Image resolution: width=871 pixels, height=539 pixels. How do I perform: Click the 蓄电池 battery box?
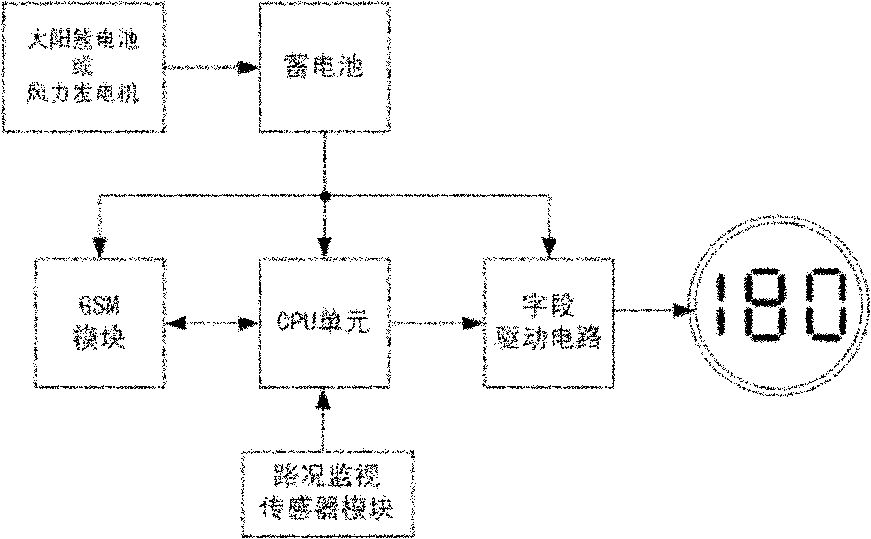tap(324, 67)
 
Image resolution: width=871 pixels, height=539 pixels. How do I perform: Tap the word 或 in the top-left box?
tap(83, 67)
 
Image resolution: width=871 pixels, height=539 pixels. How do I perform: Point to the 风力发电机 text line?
tap(83, 93)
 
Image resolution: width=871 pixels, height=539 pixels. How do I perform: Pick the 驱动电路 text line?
tap(549, 338)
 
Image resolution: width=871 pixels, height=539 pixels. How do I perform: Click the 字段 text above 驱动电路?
tap(548, 308)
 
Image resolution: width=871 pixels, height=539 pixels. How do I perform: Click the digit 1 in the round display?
tap(721, 305)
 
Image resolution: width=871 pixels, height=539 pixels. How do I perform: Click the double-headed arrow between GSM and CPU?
tap(212, 323)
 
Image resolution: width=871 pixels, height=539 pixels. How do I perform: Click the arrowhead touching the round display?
tap(680, 310)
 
